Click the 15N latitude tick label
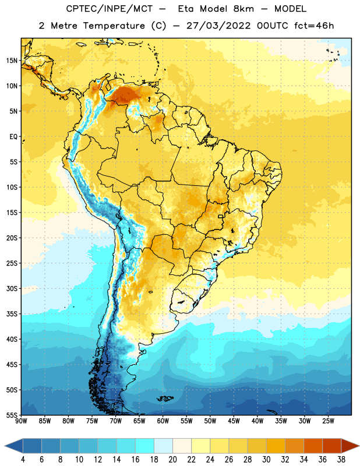point(12,61)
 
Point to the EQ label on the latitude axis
point(13,137)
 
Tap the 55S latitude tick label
point(12,415)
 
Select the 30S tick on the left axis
point(12,288)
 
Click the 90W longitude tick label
point(21,421)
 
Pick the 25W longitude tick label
point(328,421)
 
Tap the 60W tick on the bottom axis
point(163,421)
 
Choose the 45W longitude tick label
point(234,421)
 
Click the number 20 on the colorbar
point(172,460)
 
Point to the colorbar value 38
point(341,460)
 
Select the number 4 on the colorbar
point(23,460)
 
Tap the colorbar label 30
point(266,460)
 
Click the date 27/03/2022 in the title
point(218,26)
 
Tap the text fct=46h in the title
point(314,26)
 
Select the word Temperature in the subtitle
point(114,26)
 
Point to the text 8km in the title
point(243,9)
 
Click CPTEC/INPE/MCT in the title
point(109,9)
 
